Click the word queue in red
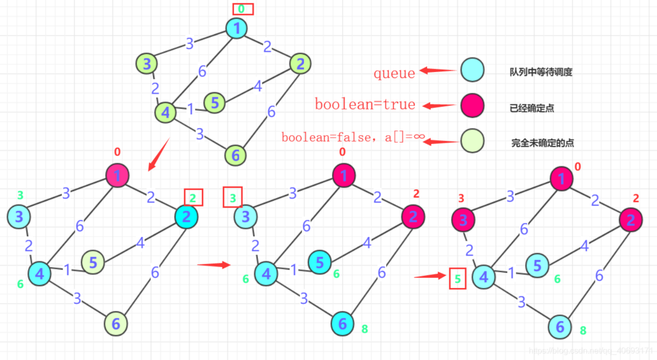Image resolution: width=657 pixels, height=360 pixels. (394, 73)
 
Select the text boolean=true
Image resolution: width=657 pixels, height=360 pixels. (365, 105)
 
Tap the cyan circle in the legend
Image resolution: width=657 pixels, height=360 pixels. (472, 71)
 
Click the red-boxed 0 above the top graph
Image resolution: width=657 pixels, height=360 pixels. (243, 9)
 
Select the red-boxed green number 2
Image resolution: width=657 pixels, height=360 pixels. (194, 197)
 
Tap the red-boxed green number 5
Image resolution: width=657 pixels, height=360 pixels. (457, 278)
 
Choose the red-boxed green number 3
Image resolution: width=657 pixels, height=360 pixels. (232, 196)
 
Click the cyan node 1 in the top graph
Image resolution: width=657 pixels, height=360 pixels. (236, 29)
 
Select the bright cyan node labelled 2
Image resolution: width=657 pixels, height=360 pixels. (186, 217)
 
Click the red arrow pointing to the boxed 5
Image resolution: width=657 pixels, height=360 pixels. (431, 276)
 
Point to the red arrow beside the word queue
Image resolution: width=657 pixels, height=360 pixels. (436, 71)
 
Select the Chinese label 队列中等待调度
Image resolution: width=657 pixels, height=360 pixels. (535, 73)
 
